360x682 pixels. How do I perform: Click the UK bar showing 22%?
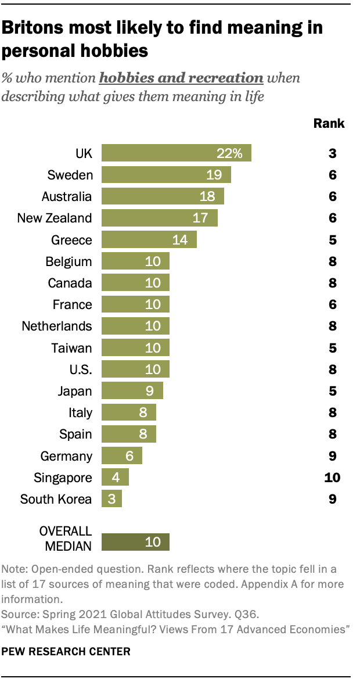pyautogui.click(x=176, y=153)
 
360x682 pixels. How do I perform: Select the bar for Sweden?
pyautogui.click(x=166, y=175)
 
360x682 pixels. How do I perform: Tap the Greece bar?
pyautogui.click(x=149, y=240)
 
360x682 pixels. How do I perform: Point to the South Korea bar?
pyautogui.click(x=111, y=499)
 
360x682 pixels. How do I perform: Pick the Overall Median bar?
pyautogui.click(x=135, y=542)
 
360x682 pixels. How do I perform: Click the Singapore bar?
pyautogui.click(x=115, y=478)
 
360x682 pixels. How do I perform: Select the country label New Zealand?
pyautogui.click(x=55, y=218)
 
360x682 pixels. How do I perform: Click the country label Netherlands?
pyautogui.click(x=57, y=326)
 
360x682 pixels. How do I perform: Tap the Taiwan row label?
pyautogui.click(x=71, y=348)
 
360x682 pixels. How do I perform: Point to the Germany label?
pyautogui.click(x=66, y=456)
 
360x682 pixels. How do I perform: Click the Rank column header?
pyautogui.click(x=329, y=123)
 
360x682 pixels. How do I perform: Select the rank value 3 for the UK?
pyautogui.click(x=333, y=154)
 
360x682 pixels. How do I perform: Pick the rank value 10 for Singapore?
pyautogui.click(x=333, y=478)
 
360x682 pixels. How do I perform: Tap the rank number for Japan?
pyautogui.click(x=333, y=391)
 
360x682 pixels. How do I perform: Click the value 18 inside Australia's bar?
pyautogui.click(x=207, y=197)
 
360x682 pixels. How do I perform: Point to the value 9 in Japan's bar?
pyautogui.click(x=149, y=391)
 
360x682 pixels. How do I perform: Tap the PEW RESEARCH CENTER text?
pyautogui.click(x=66, y=652)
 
